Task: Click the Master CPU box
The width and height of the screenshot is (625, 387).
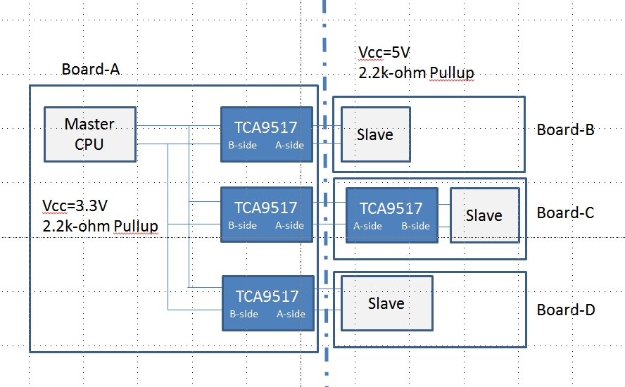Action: (x=89, y=134)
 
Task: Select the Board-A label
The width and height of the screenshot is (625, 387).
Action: (x=90, y=69)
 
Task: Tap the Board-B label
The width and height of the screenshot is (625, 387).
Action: (x=566, y=129)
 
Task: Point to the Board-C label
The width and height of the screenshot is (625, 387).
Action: (x=566, y=212)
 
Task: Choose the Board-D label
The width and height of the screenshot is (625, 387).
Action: (x=566, y=310)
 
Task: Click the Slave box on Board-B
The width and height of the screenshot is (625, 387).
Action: (x=375, y=134)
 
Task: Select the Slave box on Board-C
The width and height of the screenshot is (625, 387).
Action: (x=484, y=215)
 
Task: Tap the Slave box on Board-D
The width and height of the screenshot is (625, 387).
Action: (x=386, y=303)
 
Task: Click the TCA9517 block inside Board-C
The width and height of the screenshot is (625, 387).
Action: (x=391, y=215)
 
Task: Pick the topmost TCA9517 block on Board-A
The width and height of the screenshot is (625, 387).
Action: (x=266, y=134)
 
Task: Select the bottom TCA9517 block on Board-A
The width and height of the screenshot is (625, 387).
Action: (x=267, y=303)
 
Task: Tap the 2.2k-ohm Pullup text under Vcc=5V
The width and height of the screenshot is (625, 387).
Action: (x=415, y=72)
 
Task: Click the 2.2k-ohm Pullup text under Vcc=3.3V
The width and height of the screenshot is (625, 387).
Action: (x=100, y=225)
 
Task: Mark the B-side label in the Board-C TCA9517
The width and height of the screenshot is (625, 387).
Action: (x=415, y=226)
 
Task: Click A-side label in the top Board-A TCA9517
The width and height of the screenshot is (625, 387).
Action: (x=290, y=146)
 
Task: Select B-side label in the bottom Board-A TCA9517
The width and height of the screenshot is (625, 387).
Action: (x=244, y=314)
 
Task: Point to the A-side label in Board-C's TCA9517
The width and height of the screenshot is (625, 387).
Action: (x=367, y=226)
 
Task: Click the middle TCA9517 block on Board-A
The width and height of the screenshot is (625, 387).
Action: (x=266, y=215)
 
